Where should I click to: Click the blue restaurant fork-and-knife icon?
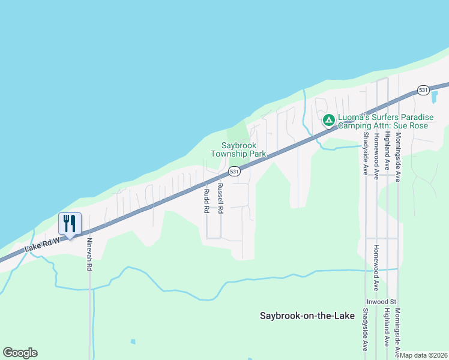coord(70,224)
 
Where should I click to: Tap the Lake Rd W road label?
coord(43,245)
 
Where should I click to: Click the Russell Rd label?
coord(220,199)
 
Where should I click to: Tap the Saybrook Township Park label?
coord(238,149)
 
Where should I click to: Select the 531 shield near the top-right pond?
coord(423,90)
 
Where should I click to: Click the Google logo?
coord(20,353)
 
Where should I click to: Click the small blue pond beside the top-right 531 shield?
coord(435,95)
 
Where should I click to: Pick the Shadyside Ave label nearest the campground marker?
coord(365,154)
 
